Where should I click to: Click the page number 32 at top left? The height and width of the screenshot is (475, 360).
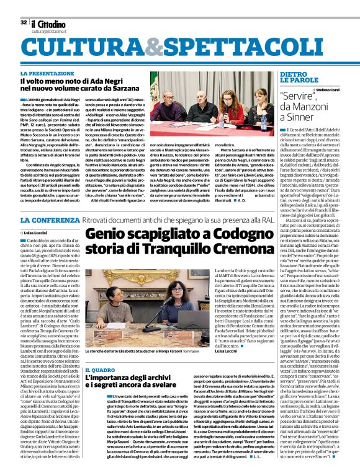pyautogui.click(x=24, y=22)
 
